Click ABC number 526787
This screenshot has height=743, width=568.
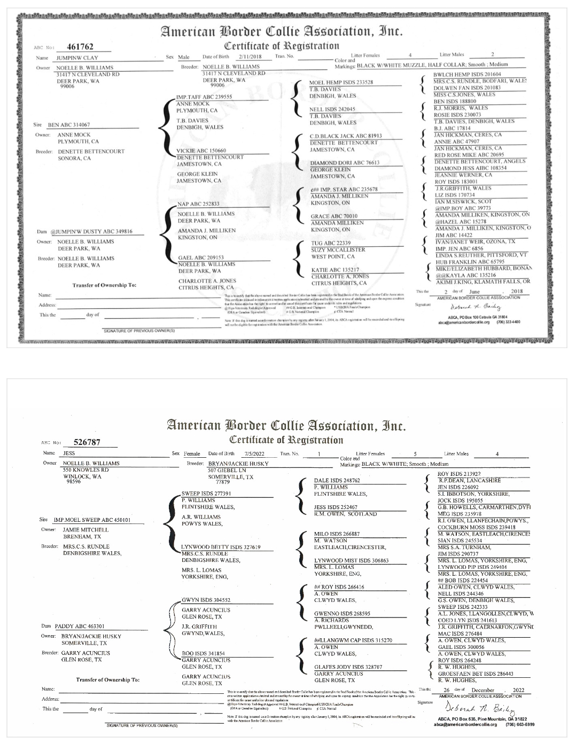pos(87,442)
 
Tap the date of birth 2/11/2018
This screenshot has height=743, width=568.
pos(248,56)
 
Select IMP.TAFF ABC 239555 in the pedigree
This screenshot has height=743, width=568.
pos(204,97)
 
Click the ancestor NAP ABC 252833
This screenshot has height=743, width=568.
pos(198,204)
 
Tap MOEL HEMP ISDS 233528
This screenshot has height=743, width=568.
pos(341,83)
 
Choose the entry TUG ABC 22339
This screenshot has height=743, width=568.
pos(331,243)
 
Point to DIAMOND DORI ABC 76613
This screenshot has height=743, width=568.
pos(345,163)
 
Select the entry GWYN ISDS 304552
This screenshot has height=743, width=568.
pos(206,600)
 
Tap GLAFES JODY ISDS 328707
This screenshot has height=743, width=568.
pos(348,667)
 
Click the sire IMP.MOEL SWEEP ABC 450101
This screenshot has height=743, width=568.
pos(92,520)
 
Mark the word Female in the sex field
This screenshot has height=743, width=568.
pos(192,454)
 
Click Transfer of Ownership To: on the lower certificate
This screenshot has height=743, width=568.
pos(108,680)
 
